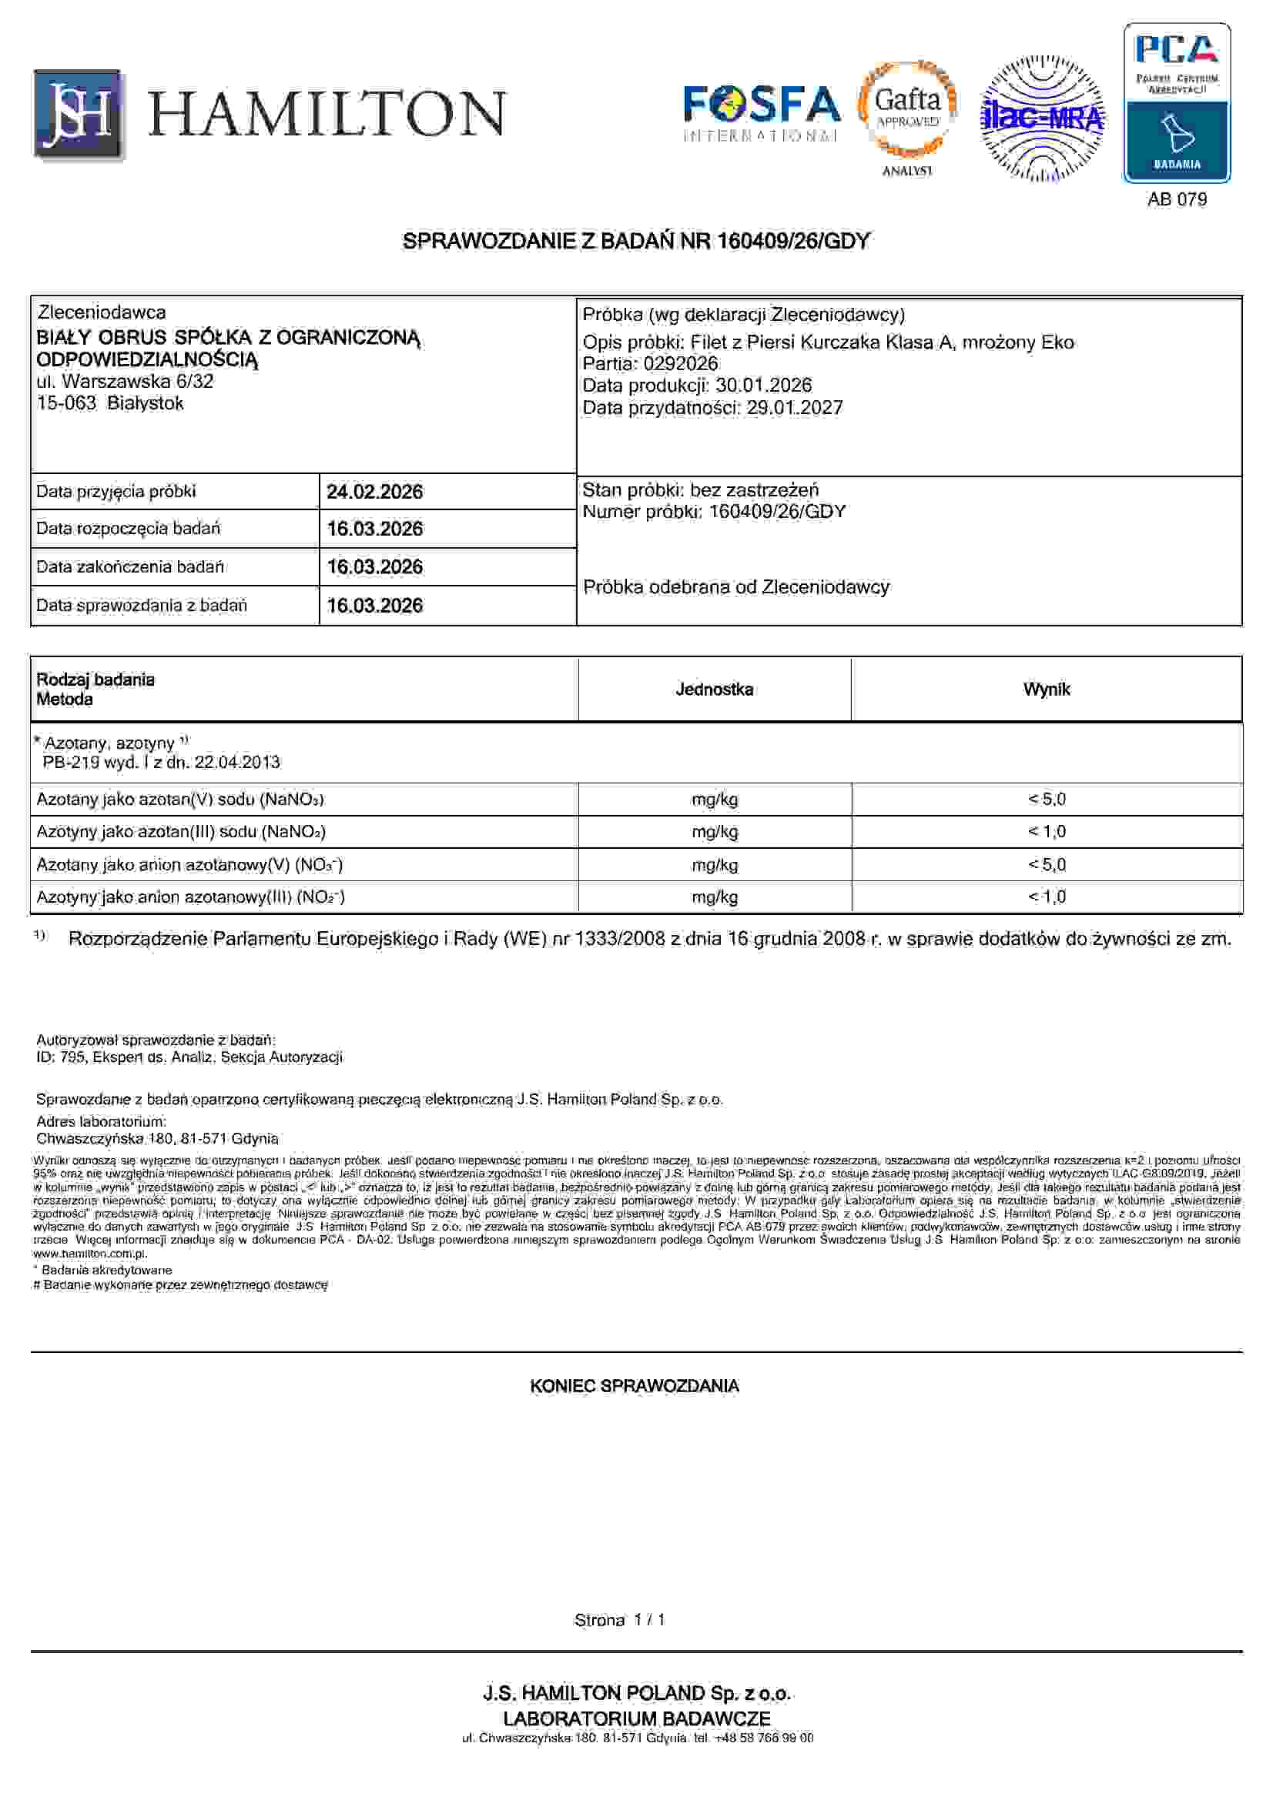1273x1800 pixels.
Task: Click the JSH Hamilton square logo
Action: click(79, 115)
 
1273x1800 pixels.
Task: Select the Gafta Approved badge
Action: click(907, 110)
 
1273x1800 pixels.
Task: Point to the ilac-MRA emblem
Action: click(1042, 118)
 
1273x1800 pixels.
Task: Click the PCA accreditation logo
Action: click(1177, 102)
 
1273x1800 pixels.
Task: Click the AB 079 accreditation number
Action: click(1177, 199)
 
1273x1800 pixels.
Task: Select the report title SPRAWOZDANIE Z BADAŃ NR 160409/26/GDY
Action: click(635, 242)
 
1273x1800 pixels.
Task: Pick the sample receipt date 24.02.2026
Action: click(374, 492)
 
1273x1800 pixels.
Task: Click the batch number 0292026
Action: click(680, 364)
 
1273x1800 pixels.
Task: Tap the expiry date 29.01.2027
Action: click(794, 408)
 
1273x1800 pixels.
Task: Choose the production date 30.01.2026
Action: click(763, 386)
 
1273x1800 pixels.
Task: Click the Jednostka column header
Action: click(714, 690)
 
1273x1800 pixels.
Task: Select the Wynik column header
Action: click(1046, 690)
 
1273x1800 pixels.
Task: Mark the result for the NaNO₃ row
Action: click(1047, 800)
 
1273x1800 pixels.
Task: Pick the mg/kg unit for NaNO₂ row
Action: click(714, 832)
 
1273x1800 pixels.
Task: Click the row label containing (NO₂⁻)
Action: click(190, 897)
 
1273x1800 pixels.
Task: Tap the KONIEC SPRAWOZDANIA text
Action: click(635, 1386)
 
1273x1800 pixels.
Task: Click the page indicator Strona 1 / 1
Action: click(620, 1620)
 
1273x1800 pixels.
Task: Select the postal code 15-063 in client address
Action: click(66, 404)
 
